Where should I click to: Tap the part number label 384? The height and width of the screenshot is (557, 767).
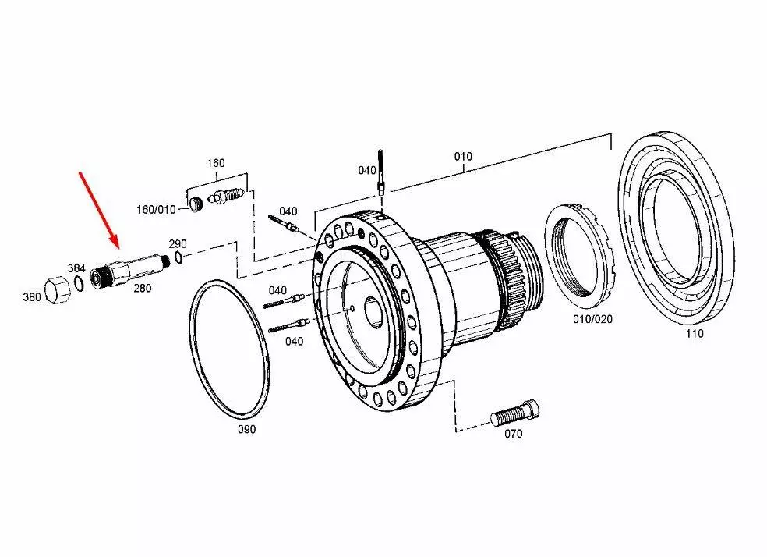click(x=76, y=268)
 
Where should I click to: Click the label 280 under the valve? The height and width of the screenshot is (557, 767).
click(x=143, y=288)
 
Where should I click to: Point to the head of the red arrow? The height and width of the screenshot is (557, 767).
click(x=115, y=244)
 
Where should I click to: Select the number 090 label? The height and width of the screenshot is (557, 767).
click(x=246, y=429)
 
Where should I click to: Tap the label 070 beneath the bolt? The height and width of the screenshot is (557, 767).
click(x=513, y=435)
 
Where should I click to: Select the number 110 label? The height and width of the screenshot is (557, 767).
click(x=694, y=334)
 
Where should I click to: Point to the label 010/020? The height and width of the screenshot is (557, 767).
click(x=593, y=320)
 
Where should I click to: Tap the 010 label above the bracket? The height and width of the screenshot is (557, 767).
click(x=463, y=156)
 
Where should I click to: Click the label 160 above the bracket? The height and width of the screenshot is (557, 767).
click(x=215, y=163)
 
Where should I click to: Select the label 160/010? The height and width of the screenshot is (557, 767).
click(x=156, y=209)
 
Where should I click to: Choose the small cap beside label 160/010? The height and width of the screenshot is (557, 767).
click(x=196, y=205)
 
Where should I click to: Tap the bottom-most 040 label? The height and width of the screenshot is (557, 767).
click(x=295, y=342)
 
